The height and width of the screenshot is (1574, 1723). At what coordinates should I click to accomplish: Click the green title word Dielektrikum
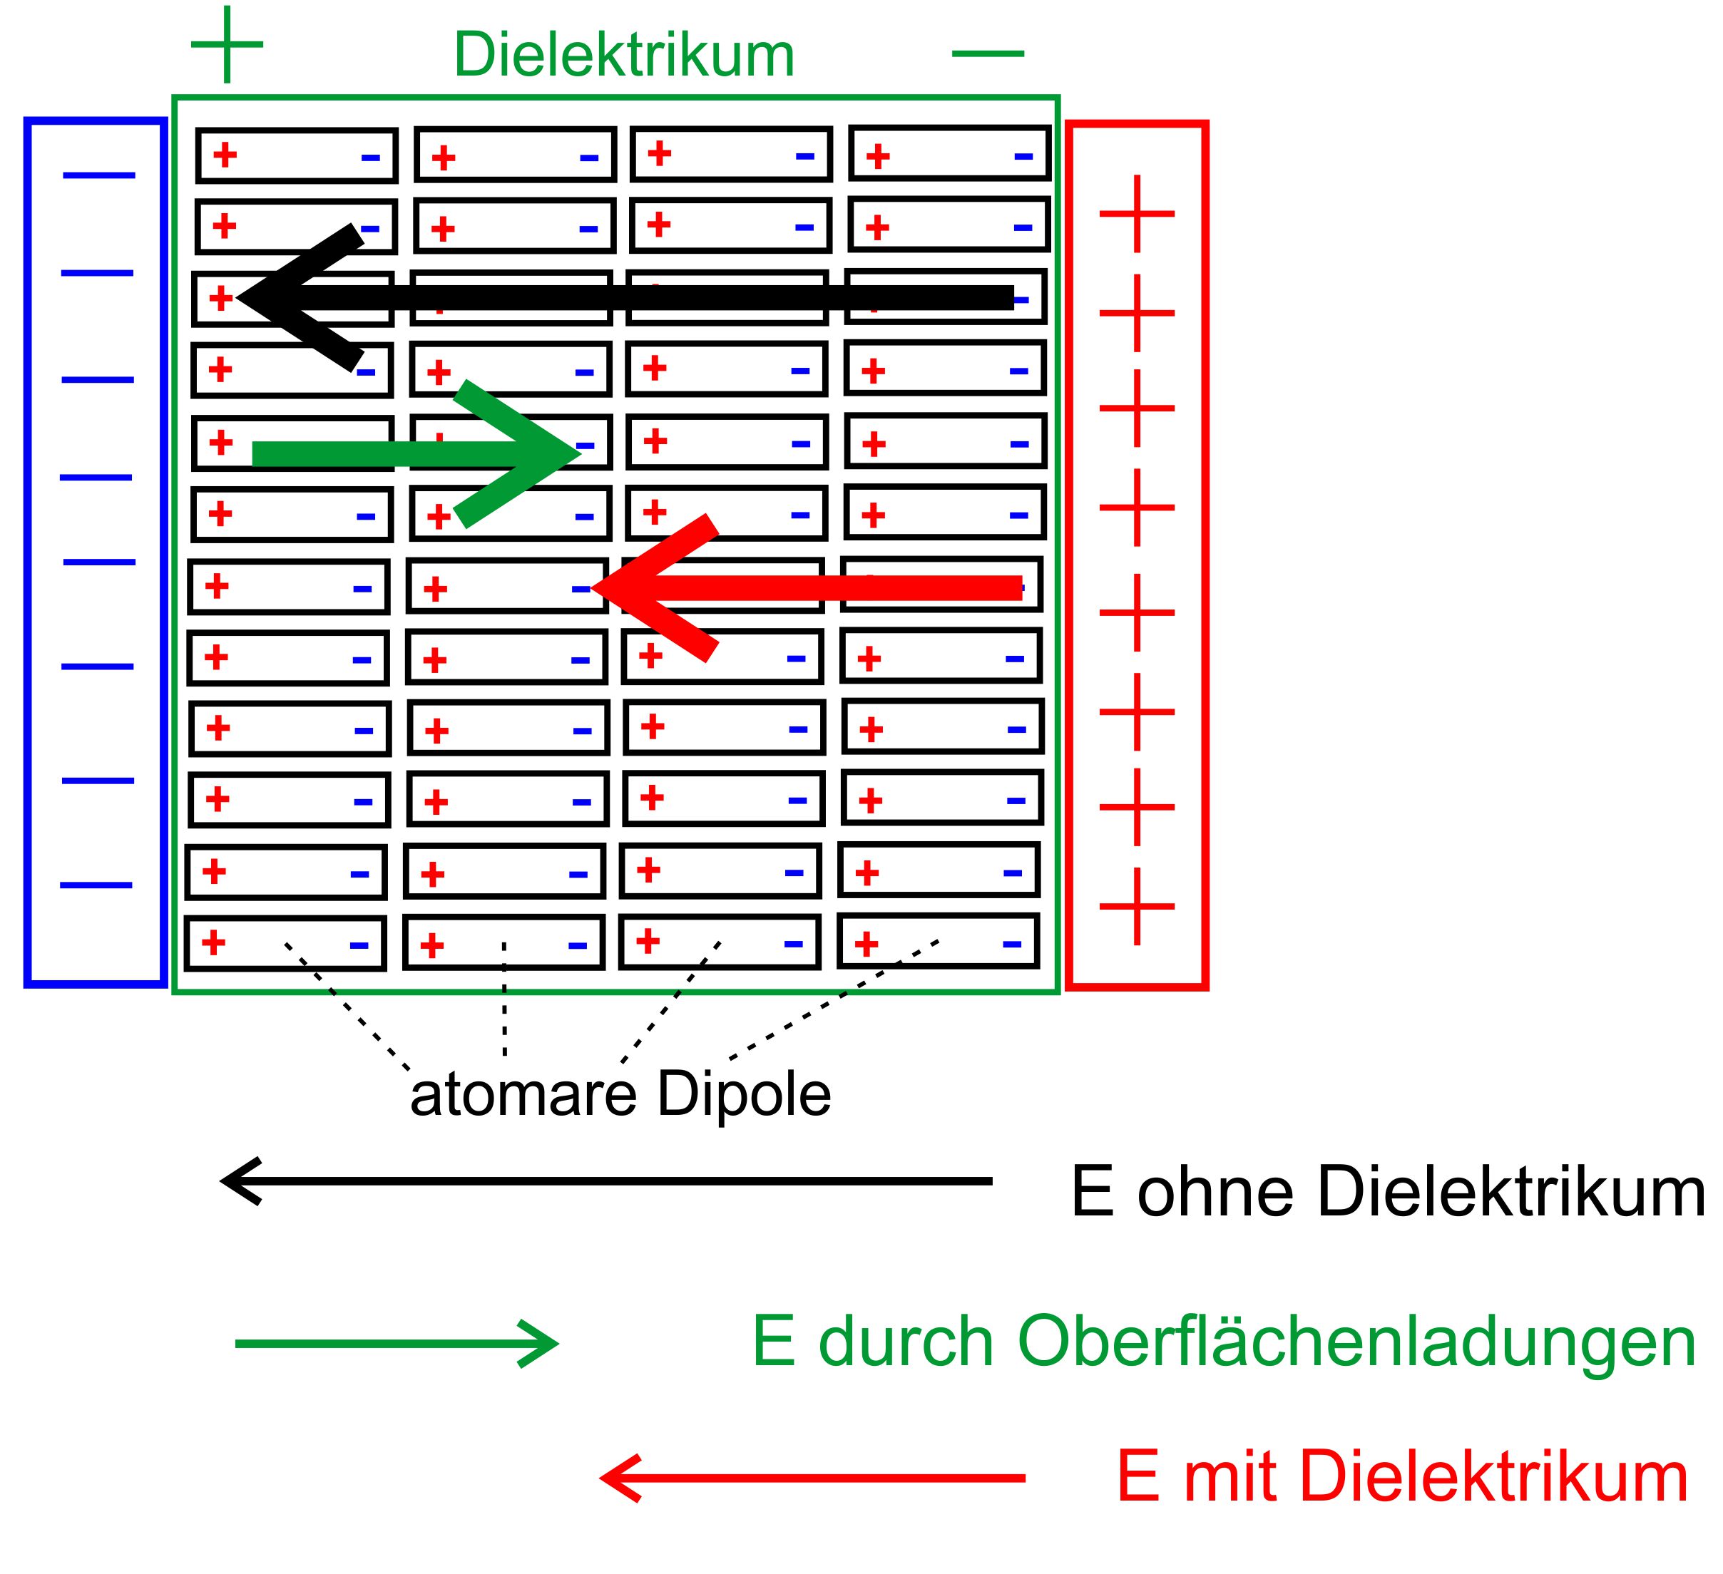pyautogui.click(x=624, y=55)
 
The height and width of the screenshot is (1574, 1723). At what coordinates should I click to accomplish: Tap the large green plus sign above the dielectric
pyautogui.click(x=227, y=44)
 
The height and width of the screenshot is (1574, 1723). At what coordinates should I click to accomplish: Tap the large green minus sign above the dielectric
pyautogui.click(x=988, y=53)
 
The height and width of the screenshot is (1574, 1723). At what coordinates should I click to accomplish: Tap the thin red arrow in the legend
pyautogui.click(x=812, y=1478)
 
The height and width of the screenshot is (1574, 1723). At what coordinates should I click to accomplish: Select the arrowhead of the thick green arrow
pyautogui.click(x=556, y=453)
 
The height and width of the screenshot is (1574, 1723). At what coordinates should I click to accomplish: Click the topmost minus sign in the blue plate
pyautogui.click(x=99, y=175)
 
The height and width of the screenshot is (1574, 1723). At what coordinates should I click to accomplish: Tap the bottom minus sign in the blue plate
pyautogui.click(x=96, y=885)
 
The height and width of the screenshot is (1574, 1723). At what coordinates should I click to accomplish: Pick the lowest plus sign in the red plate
pyautogui.click(x=1137, y=906)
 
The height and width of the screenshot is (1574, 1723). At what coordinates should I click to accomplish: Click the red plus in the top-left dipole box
pyautogui.click(x=225, y=155)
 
